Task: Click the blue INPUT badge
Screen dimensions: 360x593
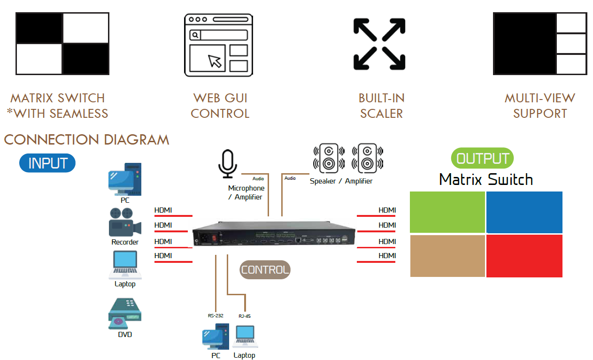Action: pos(47,163)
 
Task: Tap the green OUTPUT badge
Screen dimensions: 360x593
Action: pos(482,159)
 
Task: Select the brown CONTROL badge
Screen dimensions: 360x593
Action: pos(265,270)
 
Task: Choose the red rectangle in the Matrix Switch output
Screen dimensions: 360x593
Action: pos(524,256)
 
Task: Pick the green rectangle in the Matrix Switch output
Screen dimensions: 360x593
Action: pos(447,212)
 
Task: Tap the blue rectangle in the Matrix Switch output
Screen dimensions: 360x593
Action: pos(524,212)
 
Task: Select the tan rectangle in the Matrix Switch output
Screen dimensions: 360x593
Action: pos(447,256)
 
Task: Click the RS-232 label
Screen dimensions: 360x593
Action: pos(216,316)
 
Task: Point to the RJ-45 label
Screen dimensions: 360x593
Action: pos(244,316)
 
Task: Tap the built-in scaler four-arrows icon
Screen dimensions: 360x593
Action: pos(379,44)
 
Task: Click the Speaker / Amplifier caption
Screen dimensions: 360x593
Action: pos(341,181)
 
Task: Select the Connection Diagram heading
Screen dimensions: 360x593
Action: pos(86,139)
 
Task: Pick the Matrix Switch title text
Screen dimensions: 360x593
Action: pos(486,179)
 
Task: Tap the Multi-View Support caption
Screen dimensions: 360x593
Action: pos(540,106)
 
